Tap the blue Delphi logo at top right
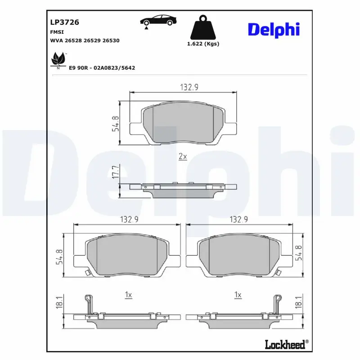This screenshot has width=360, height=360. [x=273, y=30]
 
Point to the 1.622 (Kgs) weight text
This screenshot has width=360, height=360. [x=202, y=44]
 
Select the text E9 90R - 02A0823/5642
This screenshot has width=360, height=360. [x=102, y=67]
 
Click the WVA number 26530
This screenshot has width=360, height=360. [x=111, y=40]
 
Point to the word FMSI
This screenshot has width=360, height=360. [x=56, y=32]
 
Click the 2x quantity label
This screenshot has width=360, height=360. [x=182, y=157]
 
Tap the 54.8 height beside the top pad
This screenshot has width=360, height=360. [x=115, y=123]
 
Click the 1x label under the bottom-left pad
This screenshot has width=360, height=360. [x=128, y=295]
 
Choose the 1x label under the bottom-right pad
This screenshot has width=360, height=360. [x=238, y=295]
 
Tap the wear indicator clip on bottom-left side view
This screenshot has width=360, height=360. [x=89, y=303]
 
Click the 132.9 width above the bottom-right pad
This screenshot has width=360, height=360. [x=239, y=219]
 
